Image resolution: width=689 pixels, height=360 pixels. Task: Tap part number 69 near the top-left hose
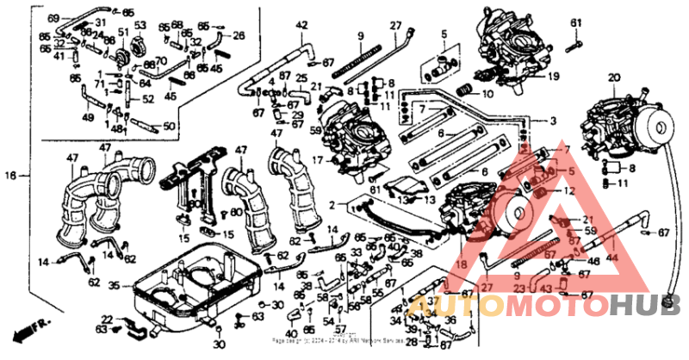(53, 18)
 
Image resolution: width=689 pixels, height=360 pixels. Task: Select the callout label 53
(140, 25)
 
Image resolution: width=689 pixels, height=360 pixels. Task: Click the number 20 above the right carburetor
(613, 78)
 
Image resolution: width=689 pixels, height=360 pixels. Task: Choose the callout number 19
(552, 76)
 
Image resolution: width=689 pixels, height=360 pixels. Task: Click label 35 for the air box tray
(115, 283)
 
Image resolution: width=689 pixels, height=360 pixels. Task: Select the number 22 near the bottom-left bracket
(106, 319)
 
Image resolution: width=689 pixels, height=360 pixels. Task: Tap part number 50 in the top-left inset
(168, 127)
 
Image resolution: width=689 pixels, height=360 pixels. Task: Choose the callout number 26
(239, 35)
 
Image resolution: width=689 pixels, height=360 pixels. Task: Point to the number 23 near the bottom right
(519, 289)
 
